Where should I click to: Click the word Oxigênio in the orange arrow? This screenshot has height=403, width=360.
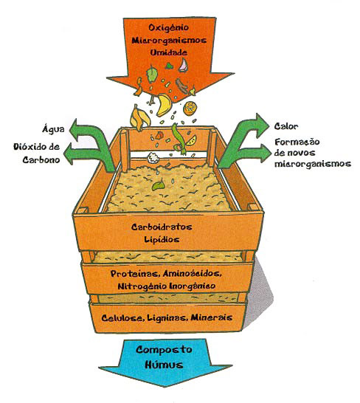(x=168, y=28)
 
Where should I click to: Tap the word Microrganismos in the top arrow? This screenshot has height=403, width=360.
(x=169, y=41)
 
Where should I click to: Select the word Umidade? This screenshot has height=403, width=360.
(x=168, y=52)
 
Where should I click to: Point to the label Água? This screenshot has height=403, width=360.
(x=53, y=128)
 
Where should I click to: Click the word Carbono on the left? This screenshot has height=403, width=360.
(x=41, y=160)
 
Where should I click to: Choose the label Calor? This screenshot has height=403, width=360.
(x=286, y=126)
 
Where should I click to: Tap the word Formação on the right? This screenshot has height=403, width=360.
(x=297, y=142)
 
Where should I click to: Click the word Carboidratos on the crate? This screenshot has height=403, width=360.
(x=162, y=227)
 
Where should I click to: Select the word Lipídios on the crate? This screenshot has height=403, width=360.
(x=162, y=240)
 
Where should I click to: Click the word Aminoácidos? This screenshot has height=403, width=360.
(x=193, y=273)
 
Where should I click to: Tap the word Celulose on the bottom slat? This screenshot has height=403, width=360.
(x=122, y=318)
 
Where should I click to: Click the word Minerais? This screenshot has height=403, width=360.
(x=212, y=317)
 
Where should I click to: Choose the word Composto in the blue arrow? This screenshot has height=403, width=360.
(x=164, y=350)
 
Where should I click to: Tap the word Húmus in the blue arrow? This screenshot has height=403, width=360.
(x=164, y=365)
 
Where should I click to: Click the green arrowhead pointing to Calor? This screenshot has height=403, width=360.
(x=262, y=125)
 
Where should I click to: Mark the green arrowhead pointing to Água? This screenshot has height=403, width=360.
(x=75, y=128)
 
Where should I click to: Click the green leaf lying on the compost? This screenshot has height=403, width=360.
(x=159, y=185)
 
